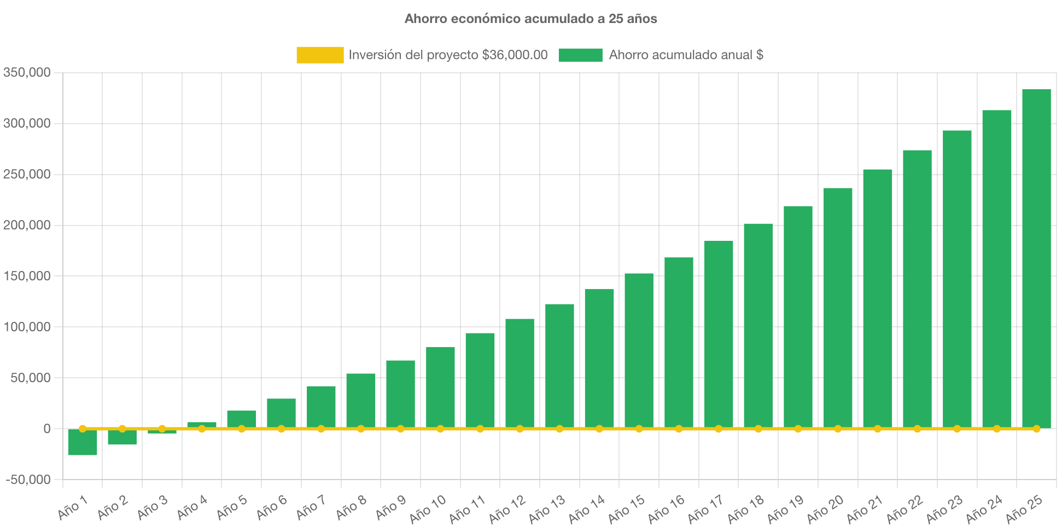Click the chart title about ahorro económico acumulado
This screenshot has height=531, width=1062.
click(x=530, y=19)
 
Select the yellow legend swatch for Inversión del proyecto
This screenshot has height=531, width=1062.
click(x=320, y=55)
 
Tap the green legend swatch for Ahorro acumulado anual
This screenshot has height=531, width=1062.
click(x=580, y=55)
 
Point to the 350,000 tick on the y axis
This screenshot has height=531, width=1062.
click(x=27, y=72)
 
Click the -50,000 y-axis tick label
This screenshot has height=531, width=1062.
click(x=28, y=480)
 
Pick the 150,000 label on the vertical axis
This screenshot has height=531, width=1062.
click(x=27, y=276)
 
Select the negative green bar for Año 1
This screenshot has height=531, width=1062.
click(x=83, y=442)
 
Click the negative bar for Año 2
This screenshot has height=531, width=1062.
click(x=122, y=437)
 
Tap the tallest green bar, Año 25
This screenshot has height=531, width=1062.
click(x=1036, y=257)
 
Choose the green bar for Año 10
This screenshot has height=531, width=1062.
click(x=440, y=388)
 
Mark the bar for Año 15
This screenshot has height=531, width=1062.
click(x=639, y=350)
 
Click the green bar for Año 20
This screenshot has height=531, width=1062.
click(x=838, y=308)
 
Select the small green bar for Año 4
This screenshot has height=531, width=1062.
click(x=202, y=425)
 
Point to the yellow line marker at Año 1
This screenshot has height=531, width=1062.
click(x=83, y=429)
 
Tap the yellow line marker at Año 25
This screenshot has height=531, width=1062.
click(x=1036, y=429)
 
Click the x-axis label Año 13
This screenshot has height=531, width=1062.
click(x=546, y=509)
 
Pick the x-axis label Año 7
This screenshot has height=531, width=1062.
click(x=310, y=507)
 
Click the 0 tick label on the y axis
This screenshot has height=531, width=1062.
click(x=47, y=429)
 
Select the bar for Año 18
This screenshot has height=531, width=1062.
click(x=758, y=326)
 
